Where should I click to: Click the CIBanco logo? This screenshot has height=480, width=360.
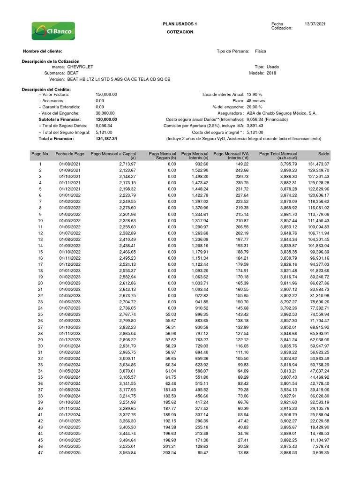[x=53, y=31]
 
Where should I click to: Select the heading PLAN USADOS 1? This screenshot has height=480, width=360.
[x=180, y=23]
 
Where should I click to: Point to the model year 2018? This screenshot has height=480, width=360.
[x=271, y=73]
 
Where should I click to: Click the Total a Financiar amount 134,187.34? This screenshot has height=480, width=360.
[x=106, y=139]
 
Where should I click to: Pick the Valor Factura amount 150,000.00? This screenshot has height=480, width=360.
[x=106, y=94]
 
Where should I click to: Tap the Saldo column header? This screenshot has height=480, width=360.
[x=324, y=154]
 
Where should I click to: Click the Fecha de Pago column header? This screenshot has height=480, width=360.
[x=70, y=154]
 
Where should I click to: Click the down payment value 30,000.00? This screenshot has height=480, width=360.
[x=105, y=113]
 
